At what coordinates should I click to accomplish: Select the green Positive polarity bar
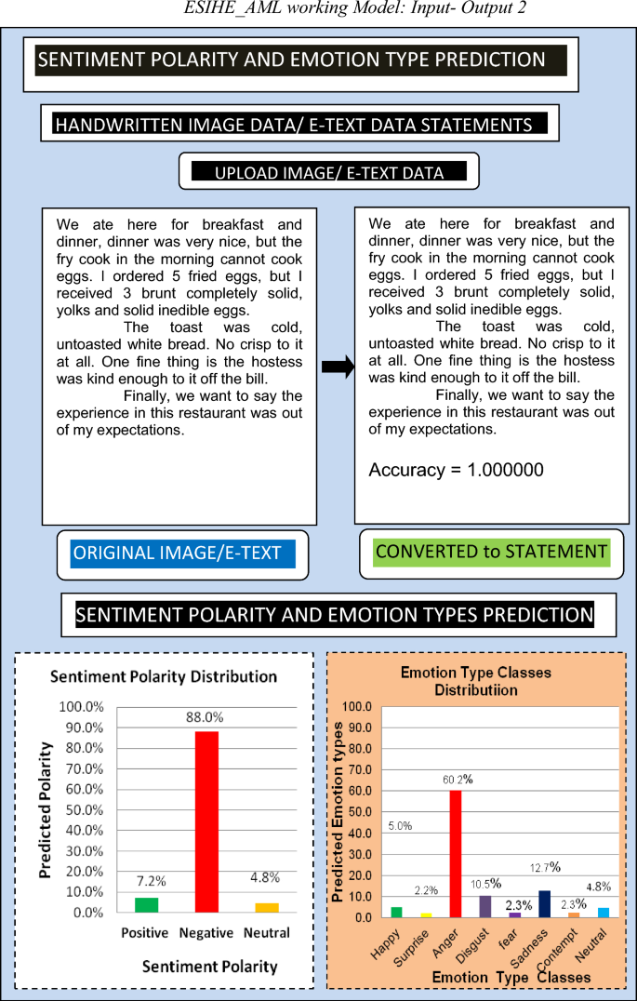[x=146, y=904]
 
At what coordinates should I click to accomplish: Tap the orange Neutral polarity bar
[x=266, y=907]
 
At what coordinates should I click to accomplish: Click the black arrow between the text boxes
[x=338, y=367]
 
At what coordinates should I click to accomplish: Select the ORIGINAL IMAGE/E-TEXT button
[x=177, y=554]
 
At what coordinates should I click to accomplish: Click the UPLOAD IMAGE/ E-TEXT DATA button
[x=329, y=173]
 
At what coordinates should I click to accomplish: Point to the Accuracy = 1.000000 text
[x=456, y=470]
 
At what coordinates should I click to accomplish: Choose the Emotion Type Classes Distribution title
[x=475, y=681]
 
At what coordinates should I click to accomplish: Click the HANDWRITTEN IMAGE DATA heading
[x=294, y=125]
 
